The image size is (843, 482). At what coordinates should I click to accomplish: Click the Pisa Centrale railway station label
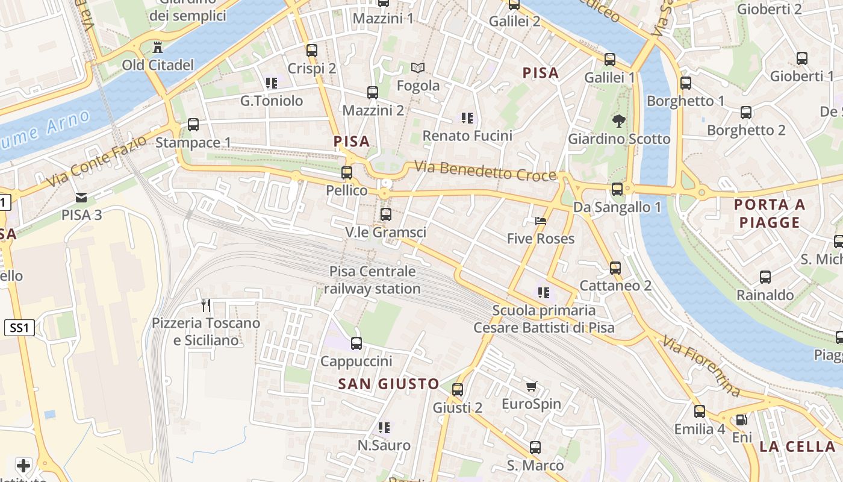pos(372,280)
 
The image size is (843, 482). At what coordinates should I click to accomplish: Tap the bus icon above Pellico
pos(347,173)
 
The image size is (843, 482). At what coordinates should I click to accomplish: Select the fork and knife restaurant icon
pos(206,305)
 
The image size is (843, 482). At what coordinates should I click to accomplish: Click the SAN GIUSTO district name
pos(388,384)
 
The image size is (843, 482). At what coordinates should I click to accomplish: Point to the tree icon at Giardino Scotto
pos(618,121)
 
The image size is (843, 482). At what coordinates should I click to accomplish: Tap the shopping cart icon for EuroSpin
pos(531,386)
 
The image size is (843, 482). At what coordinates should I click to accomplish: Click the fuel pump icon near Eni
pos(742,420)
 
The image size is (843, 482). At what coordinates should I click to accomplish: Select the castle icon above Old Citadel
pos(158,47)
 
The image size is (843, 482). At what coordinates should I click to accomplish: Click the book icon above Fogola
pos(418,68)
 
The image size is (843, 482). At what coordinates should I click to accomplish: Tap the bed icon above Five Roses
pos(541,221)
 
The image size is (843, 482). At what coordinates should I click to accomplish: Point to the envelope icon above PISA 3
pos(81,197)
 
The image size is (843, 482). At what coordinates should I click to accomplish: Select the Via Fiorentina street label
pos(701,366)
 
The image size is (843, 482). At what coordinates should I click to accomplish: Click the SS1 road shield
pos(19,328)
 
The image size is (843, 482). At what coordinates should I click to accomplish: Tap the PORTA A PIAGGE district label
pos(770,213)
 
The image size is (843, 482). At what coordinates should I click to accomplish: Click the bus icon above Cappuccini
pos(356,343)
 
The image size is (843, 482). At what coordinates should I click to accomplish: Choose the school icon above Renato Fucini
pos(467,118)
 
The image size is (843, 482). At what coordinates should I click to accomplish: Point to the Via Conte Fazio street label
pos(96,161)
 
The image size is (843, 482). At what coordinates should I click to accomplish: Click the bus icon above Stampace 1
pos(193,125)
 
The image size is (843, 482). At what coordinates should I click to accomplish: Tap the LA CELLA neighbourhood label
pos(797,446)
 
